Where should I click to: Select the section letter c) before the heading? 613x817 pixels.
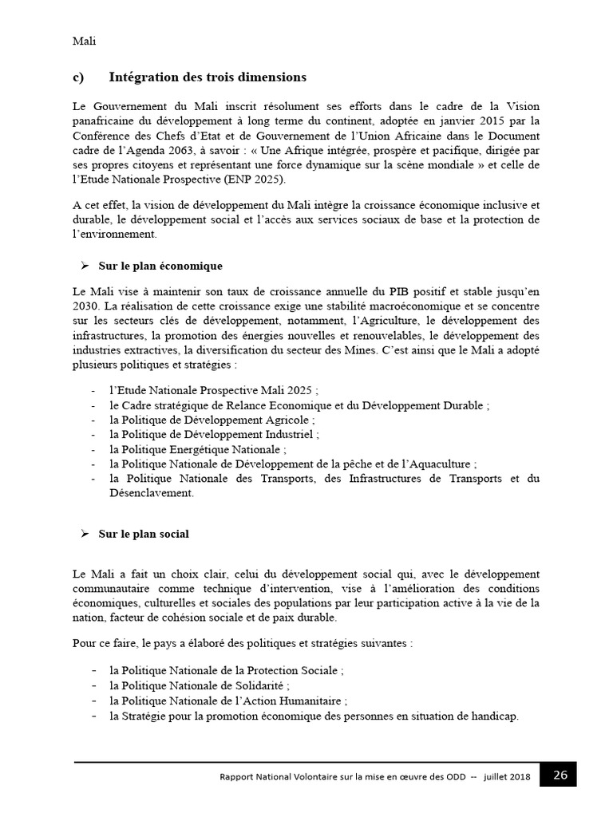(x=79, y=77)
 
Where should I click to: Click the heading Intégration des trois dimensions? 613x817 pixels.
(x=207, y=77)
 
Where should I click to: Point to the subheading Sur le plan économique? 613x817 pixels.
(x=160, y=265)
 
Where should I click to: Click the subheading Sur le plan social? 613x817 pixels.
(x=144, y=534)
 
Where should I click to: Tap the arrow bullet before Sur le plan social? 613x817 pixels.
(x=83, y=534)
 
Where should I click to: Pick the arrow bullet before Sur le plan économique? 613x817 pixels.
(x=83, y=265)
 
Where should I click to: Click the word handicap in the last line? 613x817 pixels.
(x=494, y=716)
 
